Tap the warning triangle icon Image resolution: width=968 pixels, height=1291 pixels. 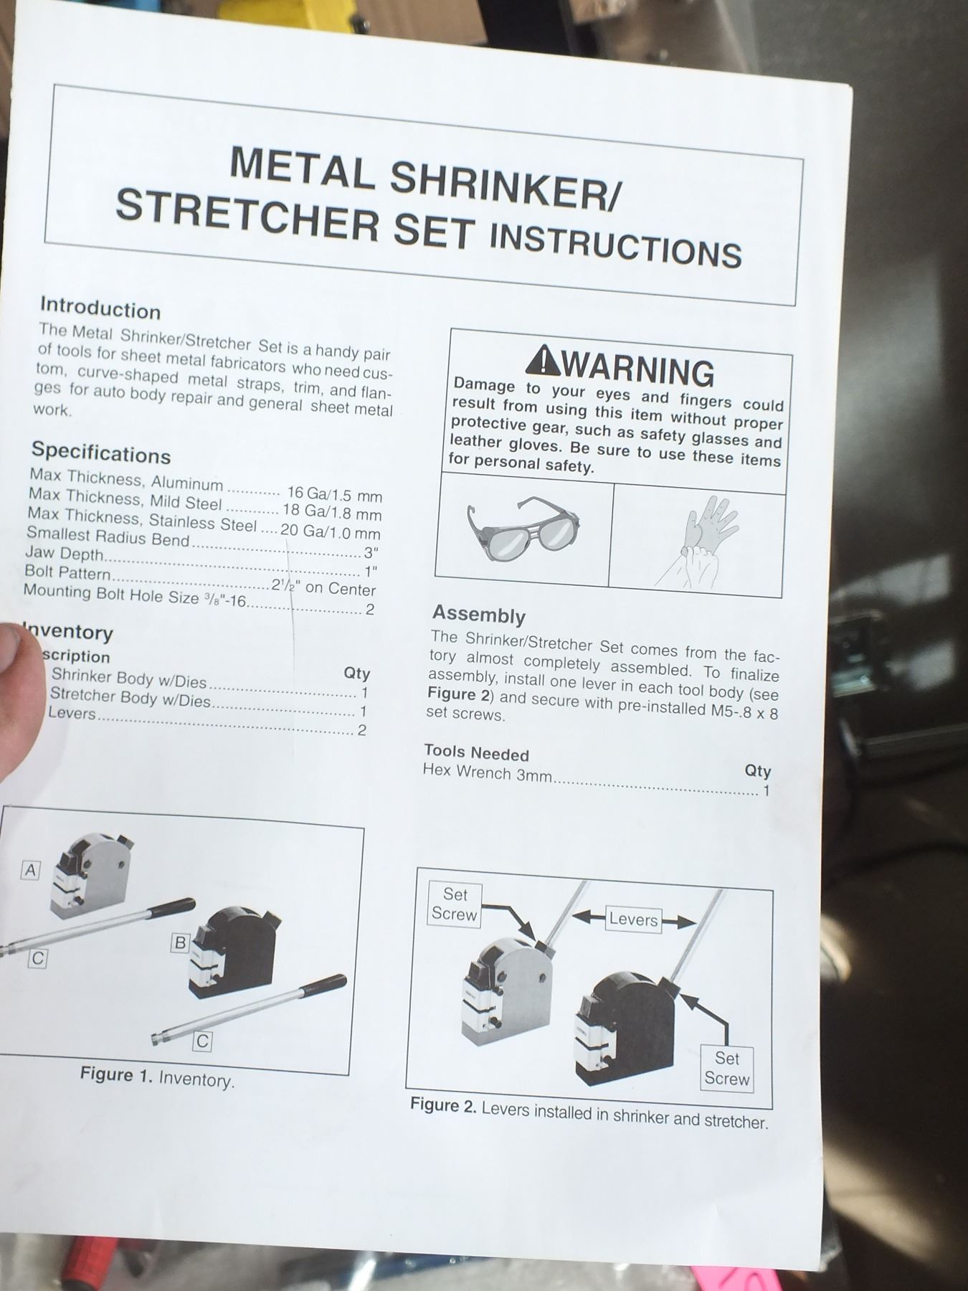pyautogui.click(x=543, y=361)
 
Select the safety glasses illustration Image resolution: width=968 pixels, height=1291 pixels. pyautogui.click(x=523, y=531)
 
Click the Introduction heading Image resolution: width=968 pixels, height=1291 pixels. pyautogui.click(x=100, y=308)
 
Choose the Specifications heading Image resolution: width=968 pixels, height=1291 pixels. pyautogui.click(x=101, y=453)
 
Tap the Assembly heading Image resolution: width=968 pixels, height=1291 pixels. pyautogui.click(x=479, y=615)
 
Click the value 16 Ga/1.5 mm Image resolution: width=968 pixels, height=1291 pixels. pyautogui.click(x=334, y=494)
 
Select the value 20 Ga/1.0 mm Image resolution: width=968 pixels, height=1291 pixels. pyautogui.click(x=331, y=531)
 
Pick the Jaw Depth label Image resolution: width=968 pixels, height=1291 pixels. pyautogui.click(x=65, y=554)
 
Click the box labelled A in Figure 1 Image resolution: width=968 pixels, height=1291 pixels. pyautogui.click(x=30, y=871)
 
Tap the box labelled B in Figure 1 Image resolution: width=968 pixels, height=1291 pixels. pyautogui.click(x=181, y=943)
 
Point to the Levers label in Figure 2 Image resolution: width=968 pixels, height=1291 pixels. pyautogui.click(x=633, y=919)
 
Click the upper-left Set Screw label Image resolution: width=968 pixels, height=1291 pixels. pyautogui.click(x=454, y=904)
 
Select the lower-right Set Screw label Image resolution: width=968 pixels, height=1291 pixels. pyautogui.click(x=726, y=1069)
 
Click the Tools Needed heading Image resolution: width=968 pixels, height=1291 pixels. pyautogui.click(x=476, y=752)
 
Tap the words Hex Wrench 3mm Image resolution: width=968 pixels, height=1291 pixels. pyautogui.click(x=488, y=773)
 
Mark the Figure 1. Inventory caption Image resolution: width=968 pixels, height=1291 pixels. pyautogui.click(x=157, y=1077)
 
